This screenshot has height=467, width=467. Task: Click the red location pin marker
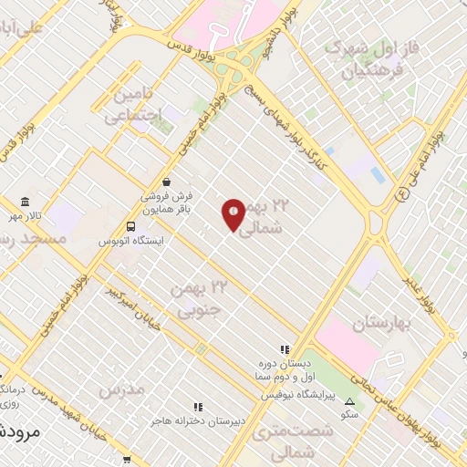233,213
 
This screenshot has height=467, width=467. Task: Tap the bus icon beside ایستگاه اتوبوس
132,226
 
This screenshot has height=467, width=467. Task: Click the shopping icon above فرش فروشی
165,181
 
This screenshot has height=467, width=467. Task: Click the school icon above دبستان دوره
285,348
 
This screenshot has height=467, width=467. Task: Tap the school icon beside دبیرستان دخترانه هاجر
196,408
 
